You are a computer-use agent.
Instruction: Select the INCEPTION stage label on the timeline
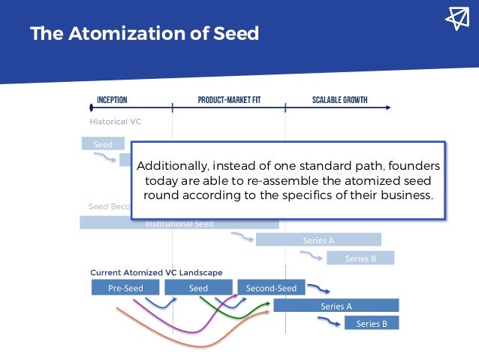pos(112,100)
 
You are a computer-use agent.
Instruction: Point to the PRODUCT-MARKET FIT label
pos(228,100)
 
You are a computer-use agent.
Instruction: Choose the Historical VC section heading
pos(116,121)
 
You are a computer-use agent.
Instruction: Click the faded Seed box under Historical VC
pos(103,144)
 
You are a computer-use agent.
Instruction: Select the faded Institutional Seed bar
pos(179,223)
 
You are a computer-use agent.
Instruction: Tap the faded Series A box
pos(318,240)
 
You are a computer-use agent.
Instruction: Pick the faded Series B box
pos(360,258)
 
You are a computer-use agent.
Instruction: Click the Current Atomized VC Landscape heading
pos(156,272)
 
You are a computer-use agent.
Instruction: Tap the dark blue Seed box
pos(198,287)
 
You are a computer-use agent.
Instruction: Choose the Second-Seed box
pos(271,287)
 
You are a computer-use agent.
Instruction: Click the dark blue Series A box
pos(336,306)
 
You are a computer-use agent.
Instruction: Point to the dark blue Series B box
pos(372,323)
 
